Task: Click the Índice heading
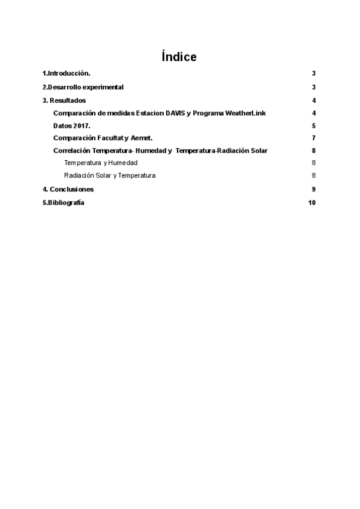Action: (x=179, y=57)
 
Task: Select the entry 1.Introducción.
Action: (x=66, y=73)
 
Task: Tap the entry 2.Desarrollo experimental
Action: (x=83, y=87)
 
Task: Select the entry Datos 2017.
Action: (x=71, y=126)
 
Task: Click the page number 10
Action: (x=311, y=202)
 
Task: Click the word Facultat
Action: (x=112, y=138)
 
